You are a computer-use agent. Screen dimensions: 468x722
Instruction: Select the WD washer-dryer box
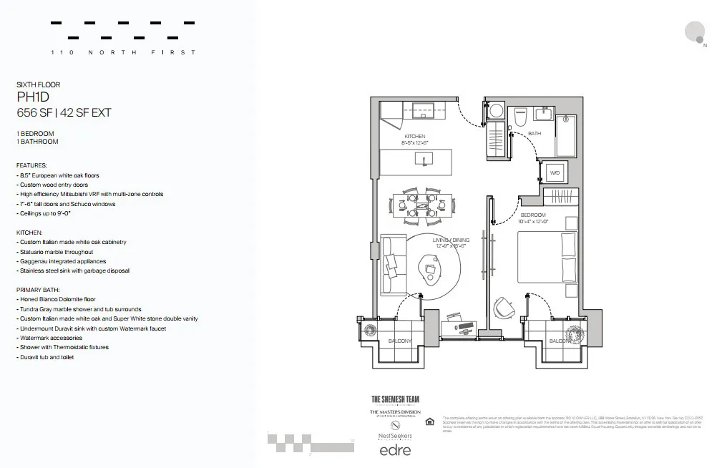(555, 173)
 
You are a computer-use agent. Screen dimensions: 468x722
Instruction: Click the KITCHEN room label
(414, 136)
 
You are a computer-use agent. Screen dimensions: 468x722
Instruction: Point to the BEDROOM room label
(533, 215)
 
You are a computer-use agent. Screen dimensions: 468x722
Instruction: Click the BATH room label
(535, 134)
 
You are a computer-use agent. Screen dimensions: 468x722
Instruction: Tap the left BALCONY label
(399, 341)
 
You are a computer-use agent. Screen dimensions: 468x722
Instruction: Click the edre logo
(394, 451)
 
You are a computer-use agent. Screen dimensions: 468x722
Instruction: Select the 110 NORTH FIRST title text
(123, 52)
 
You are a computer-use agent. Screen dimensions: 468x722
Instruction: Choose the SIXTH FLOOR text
(39, 84)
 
